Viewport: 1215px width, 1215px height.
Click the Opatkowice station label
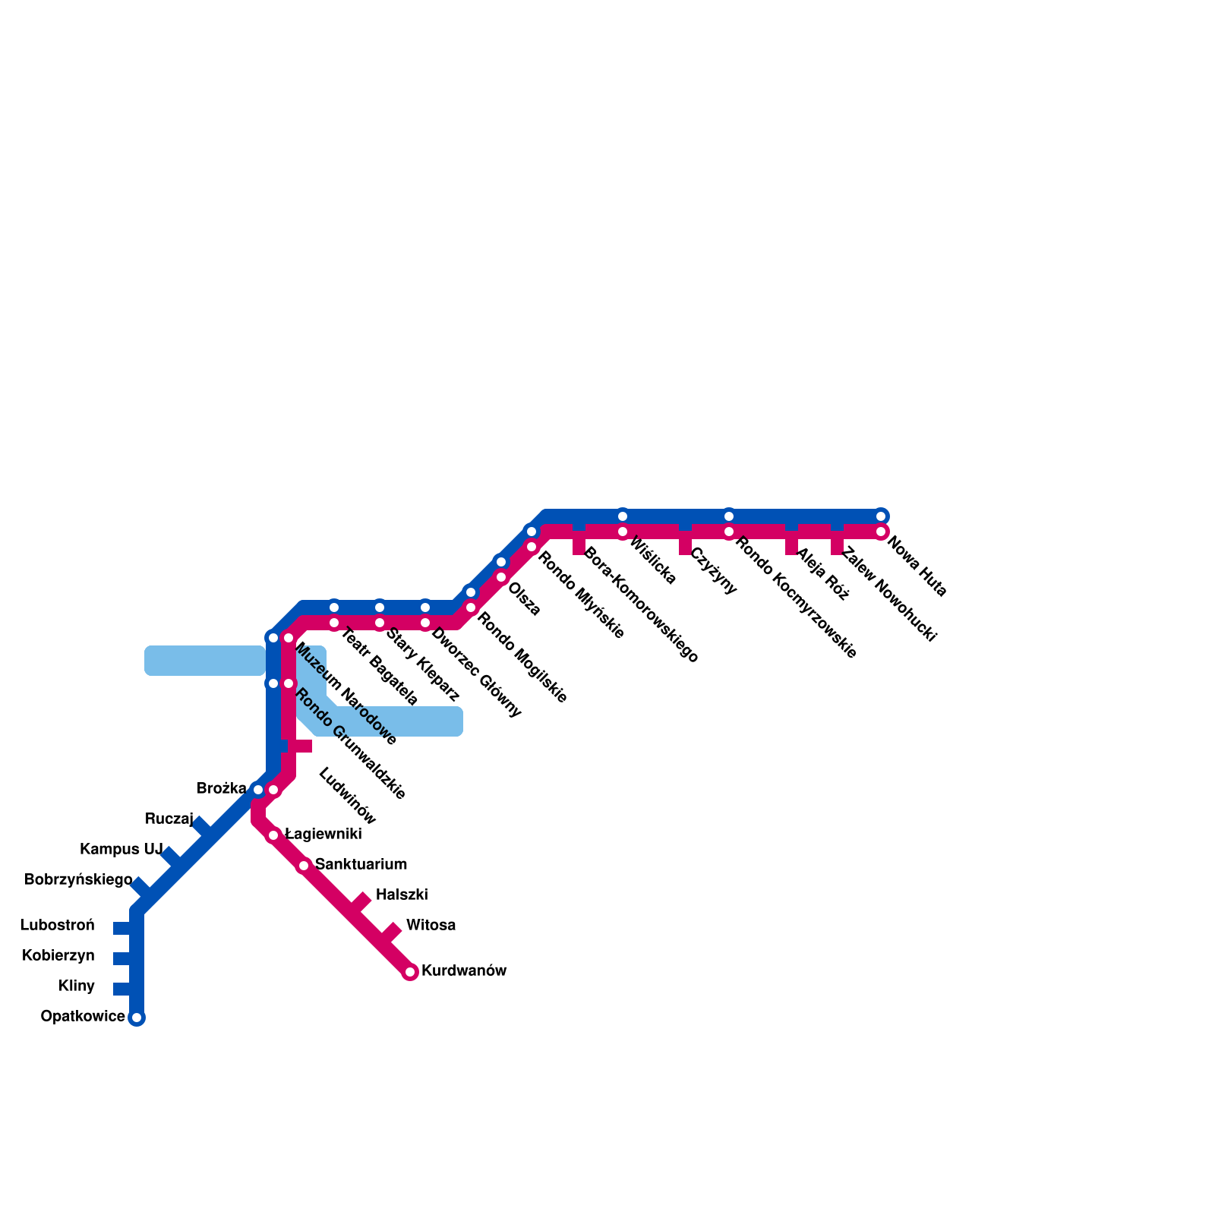tap(83, 1017)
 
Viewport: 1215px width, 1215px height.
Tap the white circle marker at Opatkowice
tap(137, 1018)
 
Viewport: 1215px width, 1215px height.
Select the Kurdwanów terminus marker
tap(410, 973)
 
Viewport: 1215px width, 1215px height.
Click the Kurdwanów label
tap(463, 971)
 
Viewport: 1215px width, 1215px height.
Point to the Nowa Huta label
tap(917, 567)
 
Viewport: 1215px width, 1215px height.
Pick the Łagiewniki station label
tap(323, 835)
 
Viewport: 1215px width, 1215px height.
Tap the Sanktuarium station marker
tap(304, 866)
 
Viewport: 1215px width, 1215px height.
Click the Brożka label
tap(221, 789)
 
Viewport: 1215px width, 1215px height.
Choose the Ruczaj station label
tap(169, 819)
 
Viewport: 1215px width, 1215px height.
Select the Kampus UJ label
tap(121, 849)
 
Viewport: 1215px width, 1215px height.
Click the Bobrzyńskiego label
tap(78, 880)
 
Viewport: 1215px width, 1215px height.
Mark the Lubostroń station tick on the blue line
tap(123, 928)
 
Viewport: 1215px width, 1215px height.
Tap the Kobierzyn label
tap(58, 956)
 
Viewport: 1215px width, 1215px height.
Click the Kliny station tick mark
tap(123, 989)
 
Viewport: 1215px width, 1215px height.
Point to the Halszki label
tap(402, 895)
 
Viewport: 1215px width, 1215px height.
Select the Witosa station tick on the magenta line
tap(390, 932)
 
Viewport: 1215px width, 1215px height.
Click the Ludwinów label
tap(347, 796)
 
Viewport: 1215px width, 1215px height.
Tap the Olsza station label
tap(524, 599)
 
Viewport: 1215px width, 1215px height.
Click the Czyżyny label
tap(714, 571)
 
